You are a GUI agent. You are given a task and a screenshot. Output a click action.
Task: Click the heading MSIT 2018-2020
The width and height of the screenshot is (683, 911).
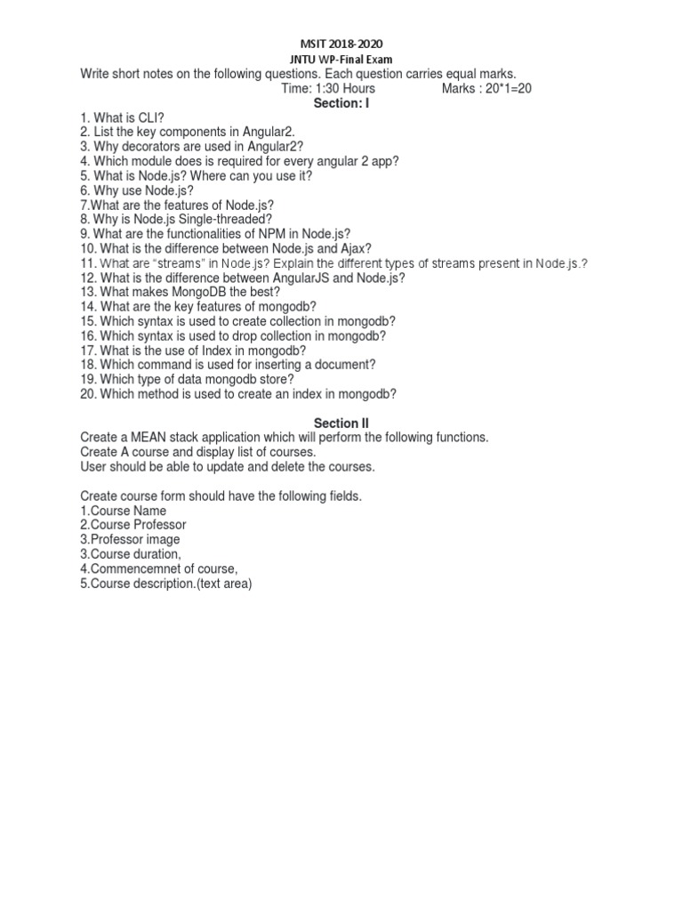click(x=341, y=44)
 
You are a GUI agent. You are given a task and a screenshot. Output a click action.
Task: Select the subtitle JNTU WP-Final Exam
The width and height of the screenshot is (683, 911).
click(x=341, y=60)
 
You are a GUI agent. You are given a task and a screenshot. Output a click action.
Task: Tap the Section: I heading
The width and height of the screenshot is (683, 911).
click(x=341, y=104)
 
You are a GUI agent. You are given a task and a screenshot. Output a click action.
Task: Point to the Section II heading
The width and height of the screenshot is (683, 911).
click(x=341, y=423)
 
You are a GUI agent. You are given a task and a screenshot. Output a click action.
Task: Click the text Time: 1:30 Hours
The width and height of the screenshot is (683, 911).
click(x=327, y=89)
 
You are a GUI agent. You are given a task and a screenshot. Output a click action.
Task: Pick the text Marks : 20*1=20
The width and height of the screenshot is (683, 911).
click(x=486, y=89)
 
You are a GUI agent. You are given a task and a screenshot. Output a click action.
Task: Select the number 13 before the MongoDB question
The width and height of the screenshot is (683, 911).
click(x=87, y=293)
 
